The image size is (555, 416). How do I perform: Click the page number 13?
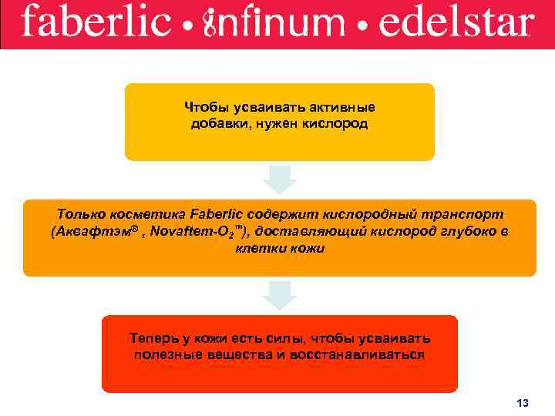coord(523,404)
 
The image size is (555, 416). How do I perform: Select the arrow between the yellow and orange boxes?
coord(279,179)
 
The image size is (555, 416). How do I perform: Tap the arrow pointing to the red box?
coord(279,295)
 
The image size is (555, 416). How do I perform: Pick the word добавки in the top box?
coord(218,123)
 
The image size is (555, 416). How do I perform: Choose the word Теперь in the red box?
coord(155,339)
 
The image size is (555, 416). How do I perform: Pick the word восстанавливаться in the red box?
coord(362,355)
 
